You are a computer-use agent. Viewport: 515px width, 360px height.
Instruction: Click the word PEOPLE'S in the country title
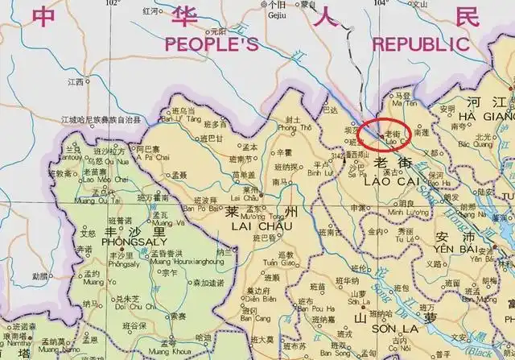click(212, 45)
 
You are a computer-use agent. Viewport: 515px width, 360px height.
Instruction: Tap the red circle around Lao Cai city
click(385, 134)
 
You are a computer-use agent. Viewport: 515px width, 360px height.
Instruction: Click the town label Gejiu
click(278, 13)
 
